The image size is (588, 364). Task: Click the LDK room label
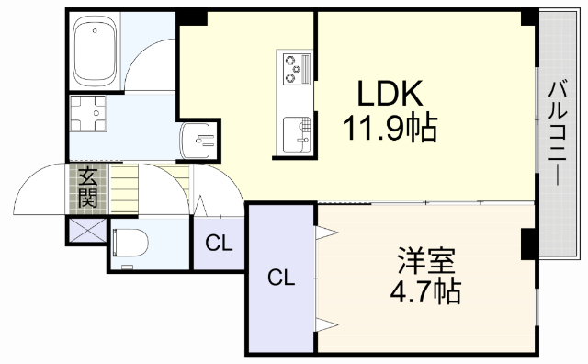click(x=390, y=93)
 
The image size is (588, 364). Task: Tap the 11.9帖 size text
click(x=390, y=128)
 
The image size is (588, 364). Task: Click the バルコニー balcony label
click(x=558, y=132)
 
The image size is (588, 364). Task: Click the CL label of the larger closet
click(x=281, y=278)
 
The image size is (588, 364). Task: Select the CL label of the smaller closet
click(x=219, y=244)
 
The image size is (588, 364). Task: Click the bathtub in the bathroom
click(x=94, y=51)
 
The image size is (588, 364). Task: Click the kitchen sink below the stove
click(x=296, y=134)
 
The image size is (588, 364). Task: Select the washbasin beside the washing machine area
click(x=198, y=141)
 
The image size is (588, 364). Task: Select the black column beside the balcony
click(x=530, y=244)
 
